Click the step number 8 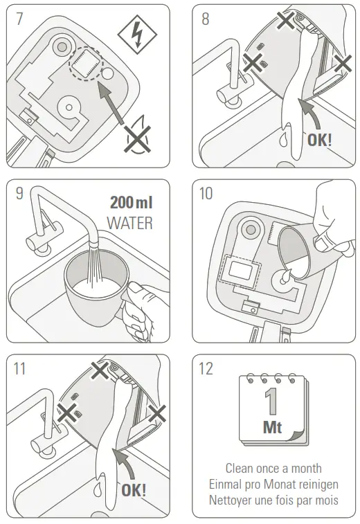point(205,19)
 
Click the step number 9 point(19,194)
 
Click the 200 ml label point(132,203)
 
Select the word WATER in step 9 point(129,224)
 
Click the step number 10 point(206,194)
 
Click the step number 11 point(19,369)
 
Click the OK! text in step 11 point(134,490)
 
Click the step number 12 point(206,369)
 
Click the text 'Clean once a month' point(273,469)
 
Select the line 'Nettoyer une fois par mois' point(273,499)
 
